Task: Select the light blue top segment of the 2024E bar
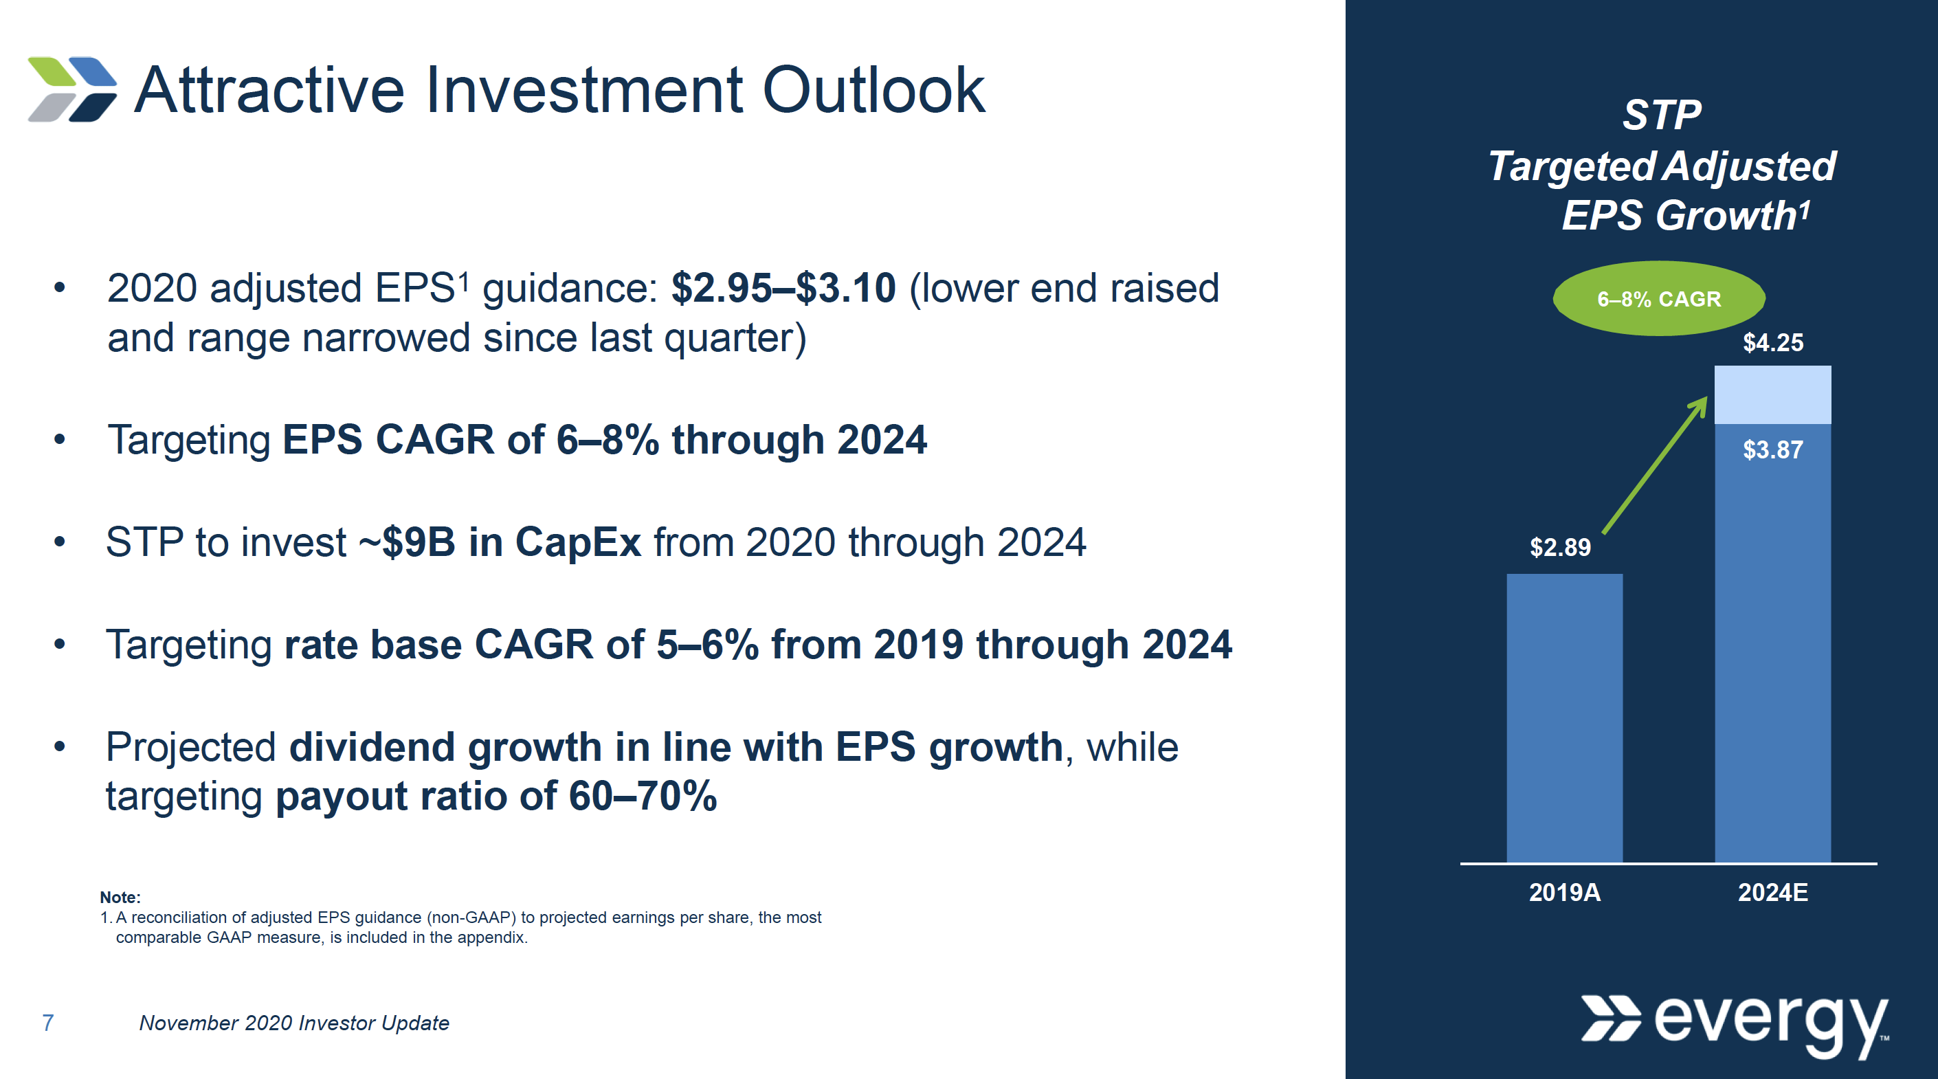(x=1772, y=394)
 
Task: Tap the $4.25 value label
(x=1772, y=342)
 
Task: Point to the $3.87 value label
(x=1772, y=450)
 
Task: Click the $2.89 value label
(x=1559, y=547)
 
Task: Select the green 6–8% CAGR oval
(x=1658, y=299)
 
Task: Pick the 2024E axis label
(x=1772, y=892)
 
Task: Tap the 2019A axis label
(x=1564, y=892)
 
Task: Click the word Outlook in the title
(x=873, y=90)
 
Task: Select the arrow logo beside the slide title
(x=72, y=89)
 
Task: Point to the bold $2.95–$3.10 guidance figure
(x=783, y=288)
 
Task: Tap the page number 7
(x=47, y=1023)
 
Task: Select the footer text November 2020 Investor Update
(x=294, y=1023)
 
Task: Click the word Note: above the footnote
(x=120, y=897)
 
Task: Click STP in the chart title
(x=1661, y=115)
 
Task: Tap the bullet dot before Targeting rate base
(x=59, y=644)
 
